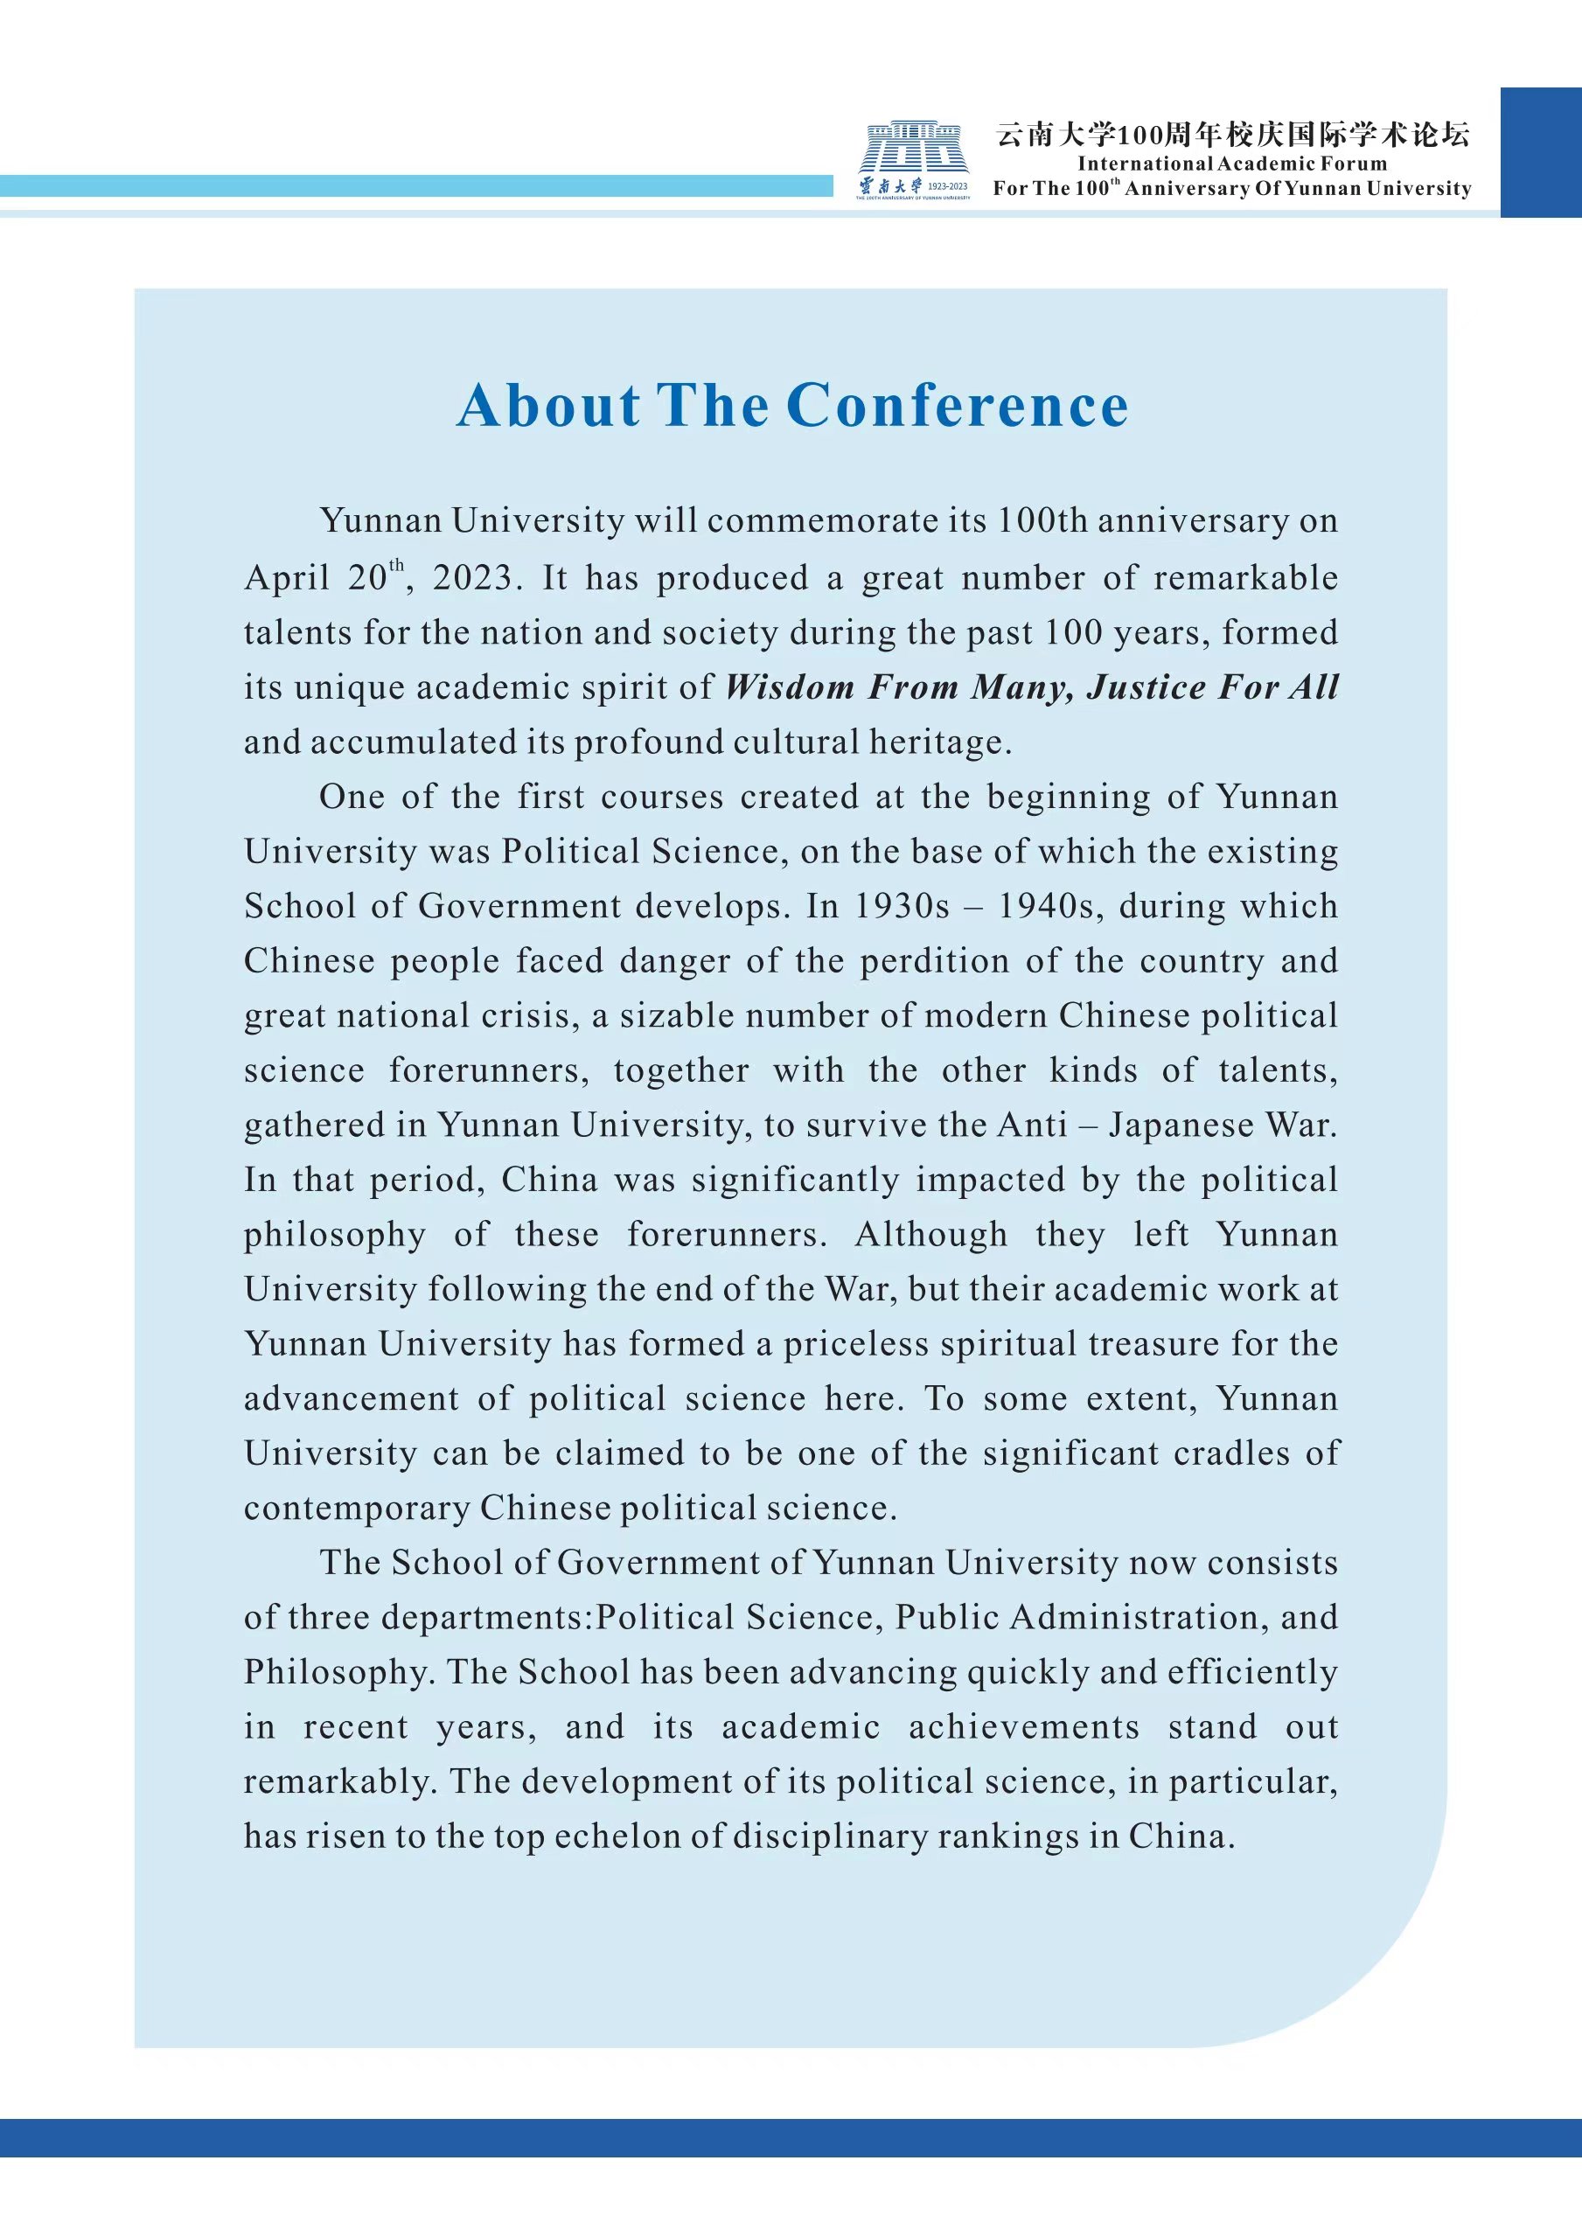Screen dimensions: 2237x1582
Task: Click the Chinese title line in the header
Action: [x=1231, y=134]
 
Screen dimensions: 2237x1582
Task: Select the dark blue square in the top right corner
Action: [x=1540, y=152]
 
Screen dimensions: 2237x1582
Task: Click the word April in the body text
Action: [x=286, y=578]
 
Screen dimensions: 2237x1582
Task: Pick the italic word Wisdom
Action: [x=789, y=688]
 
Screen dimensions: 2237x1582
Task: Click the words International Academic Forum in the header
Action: [x=1231, y=164]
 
